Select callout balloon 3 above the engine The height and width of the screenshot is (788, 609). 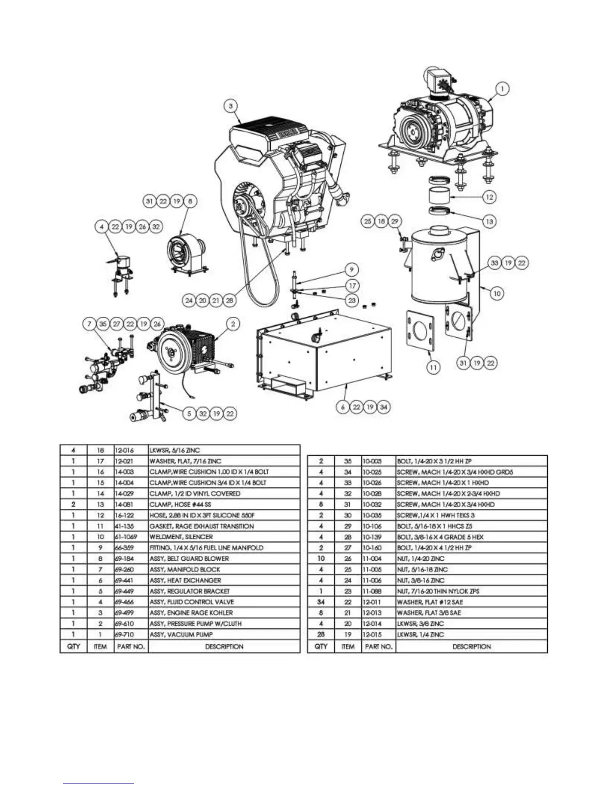231,106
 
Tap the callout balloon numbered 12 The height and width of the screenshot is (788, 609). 490,197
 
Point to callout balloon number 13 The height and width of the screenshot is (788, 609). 490,221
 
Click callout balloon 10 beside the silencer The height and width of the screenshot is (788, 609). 497,294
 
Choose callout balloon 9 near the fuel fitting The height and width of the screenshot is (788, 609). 352,270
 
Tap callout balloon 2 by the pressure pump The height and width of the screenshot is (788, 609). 233,324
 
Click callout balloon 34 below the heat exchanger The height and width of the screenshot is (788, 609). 383,407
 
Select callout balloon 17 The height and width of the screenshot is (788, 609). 352,286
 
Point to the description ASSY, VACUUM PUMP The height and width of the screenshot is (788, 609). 181,635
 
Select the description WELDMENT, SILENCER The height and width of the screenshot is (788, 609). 181,537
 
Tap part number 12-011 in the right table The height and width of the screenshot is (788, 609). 372,602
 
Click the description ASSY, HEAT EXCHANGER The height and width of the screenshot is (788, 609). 186,581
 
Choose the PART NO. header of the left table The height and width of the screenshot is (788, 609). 131,647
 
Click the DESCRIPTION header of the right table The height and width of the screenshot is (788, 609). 471,647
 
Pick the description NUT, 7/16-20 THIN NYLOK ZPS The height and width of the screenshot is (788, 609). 438,591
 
